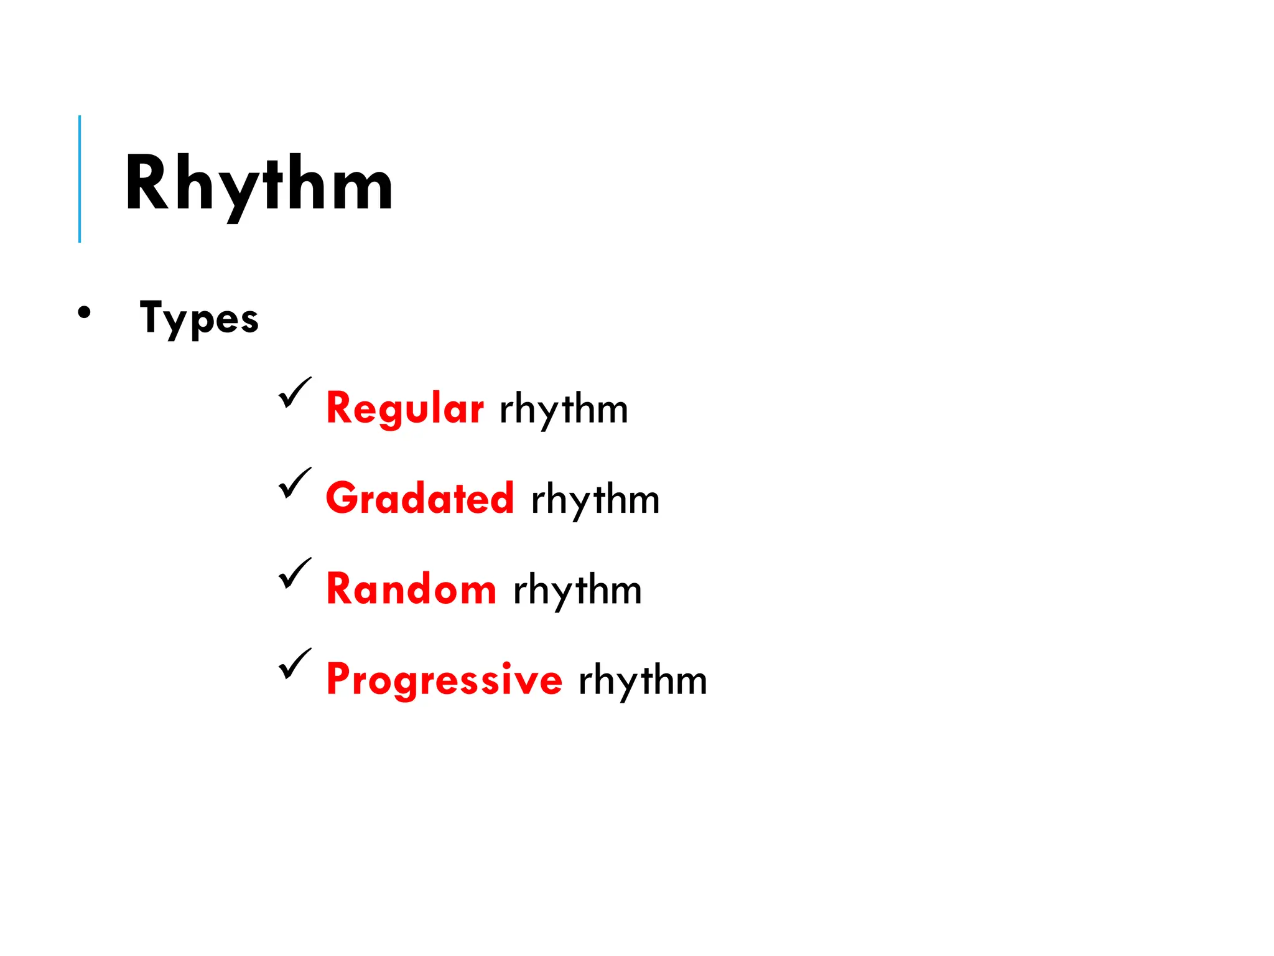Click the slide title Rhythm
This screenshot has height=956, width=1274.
pos(259,184)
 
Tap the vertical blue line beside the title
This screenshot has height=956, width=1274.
pos(80,179)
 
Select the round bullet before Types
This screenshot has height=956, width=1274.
pos(84,312)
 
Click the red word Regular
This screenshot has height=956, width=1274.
pos(404,408)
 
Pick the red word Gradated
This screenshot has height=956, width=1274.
pos(420,499)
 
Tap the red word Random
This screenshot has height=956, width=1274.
pos(411,589)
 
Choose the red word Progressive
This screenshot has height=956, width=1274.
pos(444,679)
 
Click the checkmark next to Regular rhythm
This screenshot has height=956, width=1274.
pos(294,393)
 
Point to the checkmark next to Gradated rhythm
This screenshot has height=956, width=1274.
pos(294,483)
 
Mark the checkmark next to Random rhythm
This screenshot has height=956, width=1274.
pos(294,573)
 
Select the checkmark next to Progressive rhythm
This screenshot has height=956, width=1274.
pos(294,663)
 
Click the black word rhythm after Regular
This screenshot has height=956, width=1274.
pos(564,410)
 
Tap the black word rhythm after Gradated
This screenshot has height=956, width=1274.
pos(595,500)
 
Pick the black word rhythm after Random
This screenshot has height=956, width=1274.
pos(577,590)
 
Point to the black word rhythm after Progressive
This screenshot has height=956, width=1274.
pos(643,680)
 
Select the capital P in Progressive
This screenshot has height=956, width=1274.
pos(338,678)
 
